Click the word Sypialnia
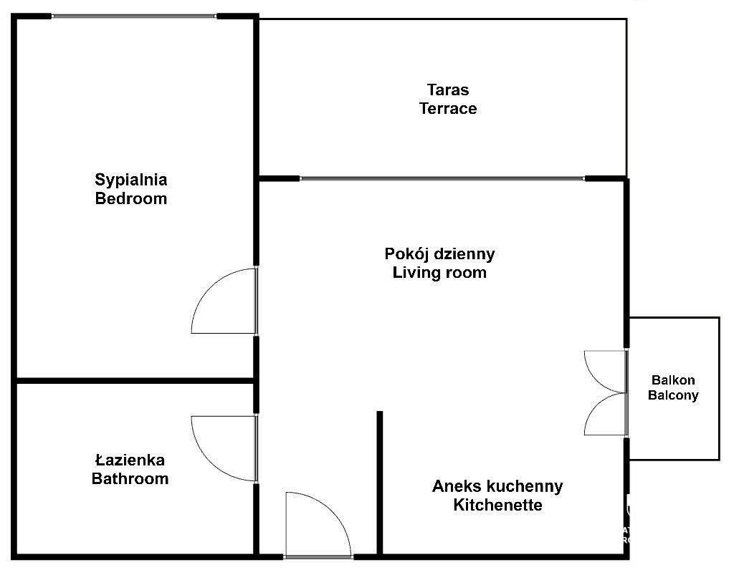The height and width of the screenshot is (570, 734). tap(131, 180)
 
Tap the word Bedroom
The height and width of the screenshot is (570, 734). tap(131, 199)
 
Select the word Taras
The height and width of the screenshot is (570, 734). tap(448, 90)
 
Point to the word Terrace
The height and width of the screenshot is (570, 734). tap(448, 108)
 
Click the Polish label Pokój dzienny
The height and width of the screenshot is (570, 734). tap(439, 254)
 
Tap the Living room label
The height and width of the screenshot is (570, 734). tap(439, 273)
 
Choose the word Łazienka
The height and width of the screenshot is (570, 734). tap(130, 460)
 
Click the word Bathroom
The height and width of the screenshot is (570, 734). tap(130, 479)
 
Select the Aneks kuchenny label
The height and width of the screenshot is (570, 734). tap(497, 486)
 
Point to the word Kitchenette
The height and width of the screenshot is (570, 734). tap(497, 505)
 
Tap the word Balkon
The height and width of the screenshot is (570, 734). tap(673, 380)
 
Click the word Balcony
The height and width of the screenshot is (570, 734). tap(673, 395)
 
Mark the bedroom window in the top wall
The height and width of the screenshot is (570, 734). tap(134, 16)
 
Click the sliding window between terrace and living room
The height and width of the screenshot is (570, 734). tap(442, 178)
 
